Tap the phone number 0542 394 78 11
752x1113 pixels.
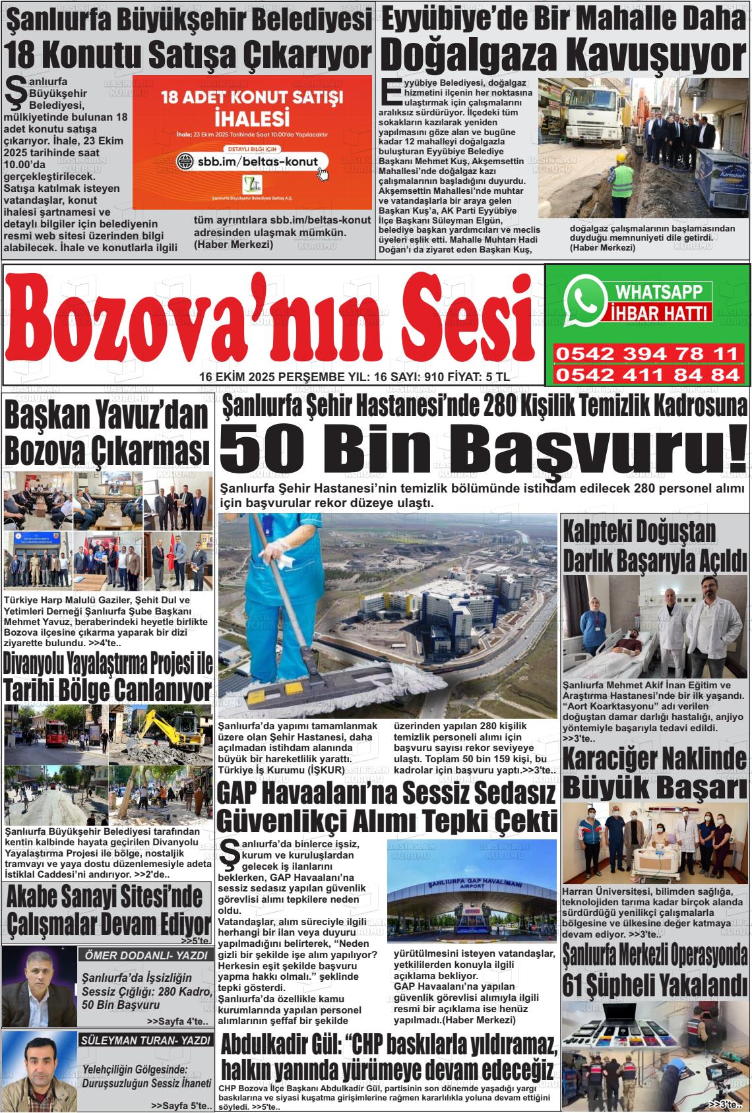coord(646,354)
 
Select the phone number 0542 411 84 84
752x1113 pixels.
coord(646,375)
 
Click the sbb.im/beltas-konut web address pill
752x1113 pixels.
coord(248,161)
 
